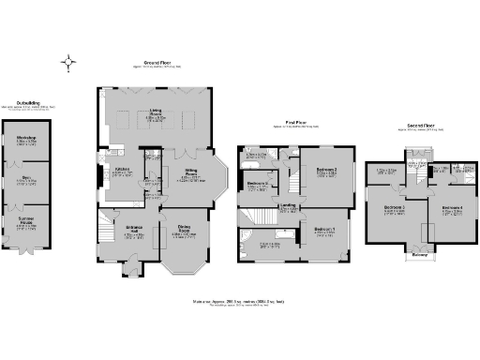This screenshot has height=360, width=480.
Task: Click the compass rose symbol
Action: point(71,63)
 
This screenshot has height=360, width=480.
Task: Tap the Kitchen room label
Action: point(121,171)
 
